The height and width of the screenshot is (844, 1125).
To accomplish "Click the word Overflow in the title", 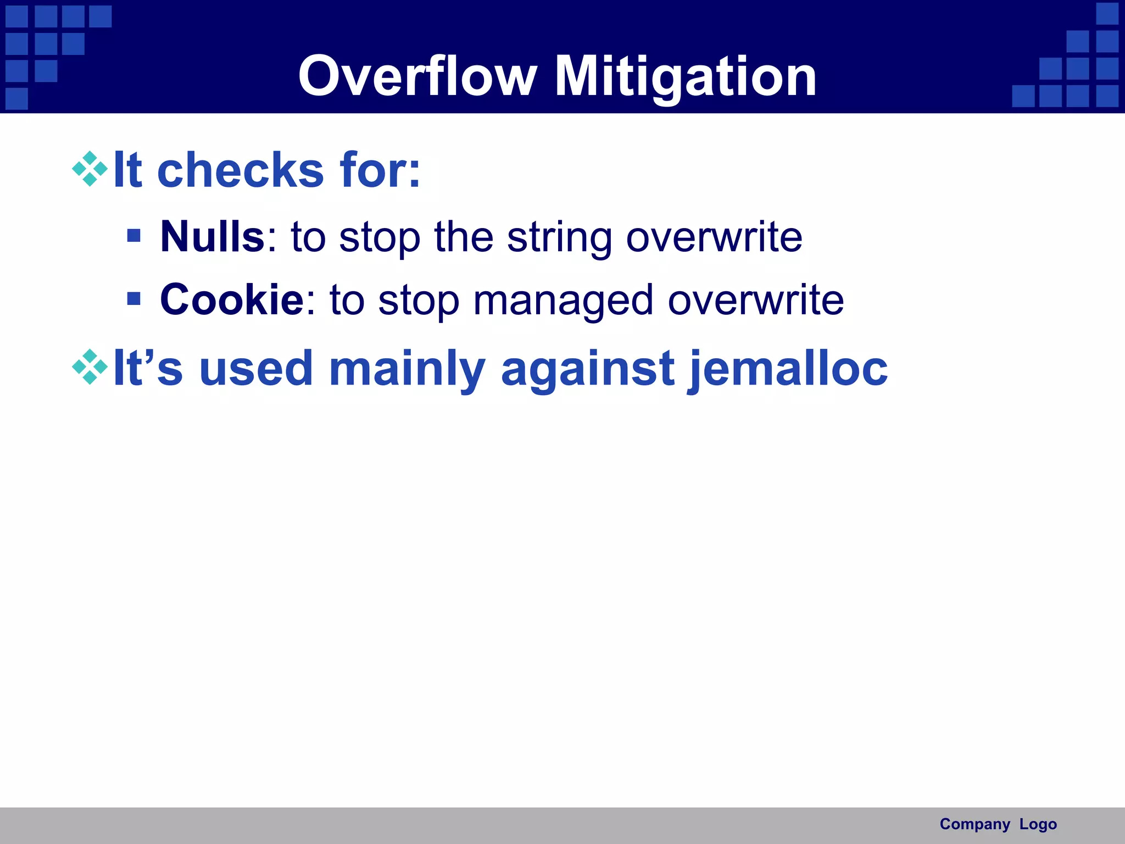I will (x=417, y=77).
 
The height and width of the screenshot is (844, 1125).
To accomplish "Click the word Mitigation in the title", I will (x=685, y=77).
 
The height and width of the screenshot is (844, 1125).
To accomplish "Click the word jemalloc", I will (x=788, y=369).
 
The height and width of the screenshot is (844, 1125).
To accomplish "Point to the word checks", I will (x=241, y=170).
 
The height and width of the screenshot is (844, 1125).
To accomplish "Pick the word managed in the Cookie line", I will (x=562, y=301).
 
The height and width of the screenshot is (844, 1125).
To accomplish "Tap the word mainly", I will (x=406, y=369).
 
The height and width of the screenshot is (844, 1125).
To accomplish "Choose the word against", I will (x=587, y=369).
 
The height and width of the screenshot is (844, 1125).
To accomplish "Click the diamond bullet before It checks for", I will (x=90, y=169).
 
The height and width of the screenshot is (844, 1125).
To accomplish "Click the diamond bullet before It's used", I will (x=90, y=367).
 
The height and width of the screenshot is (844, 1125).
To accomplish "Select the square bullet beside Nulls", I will (x=133, y=236).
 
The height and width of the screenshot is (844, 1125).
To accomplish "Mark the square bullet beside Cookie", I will (x=133, y=298).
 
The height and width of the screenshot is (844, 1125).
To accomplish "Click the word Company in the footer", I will (x=974, y=824).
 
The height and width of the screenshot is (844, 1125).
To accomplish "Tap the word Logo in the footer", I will (x=1038, y=824).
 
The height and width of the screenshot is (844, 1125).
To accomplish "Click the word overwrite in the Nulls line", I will (x=714, y=237).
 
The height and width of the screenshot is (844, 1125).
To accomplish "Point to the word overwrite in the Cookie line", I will (x=755, y=301).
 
